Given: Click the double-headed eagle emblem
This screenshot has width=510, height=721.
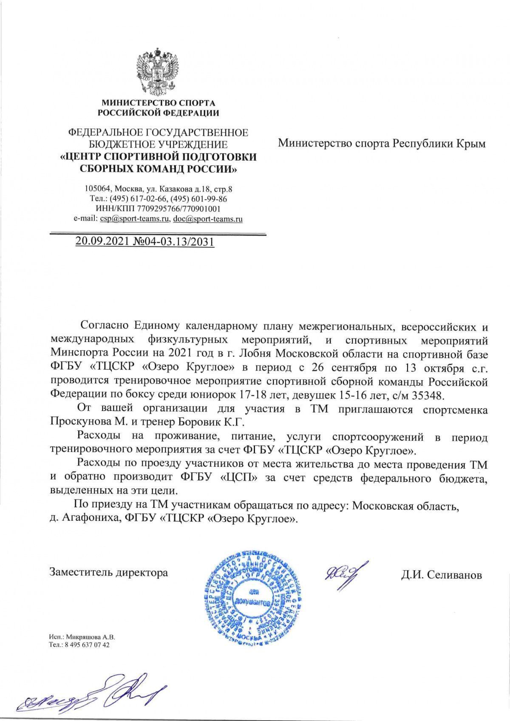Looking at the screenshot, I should (158, 72).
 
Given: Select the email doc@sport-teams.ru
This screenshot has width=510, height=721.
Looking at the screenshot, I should (207, 219).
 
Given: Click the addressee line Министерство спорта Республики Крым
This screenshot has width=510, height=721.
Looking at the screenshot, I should (381, 144).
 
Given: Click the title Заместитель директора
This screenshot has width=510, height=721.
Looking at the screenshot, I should (109, 572).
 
